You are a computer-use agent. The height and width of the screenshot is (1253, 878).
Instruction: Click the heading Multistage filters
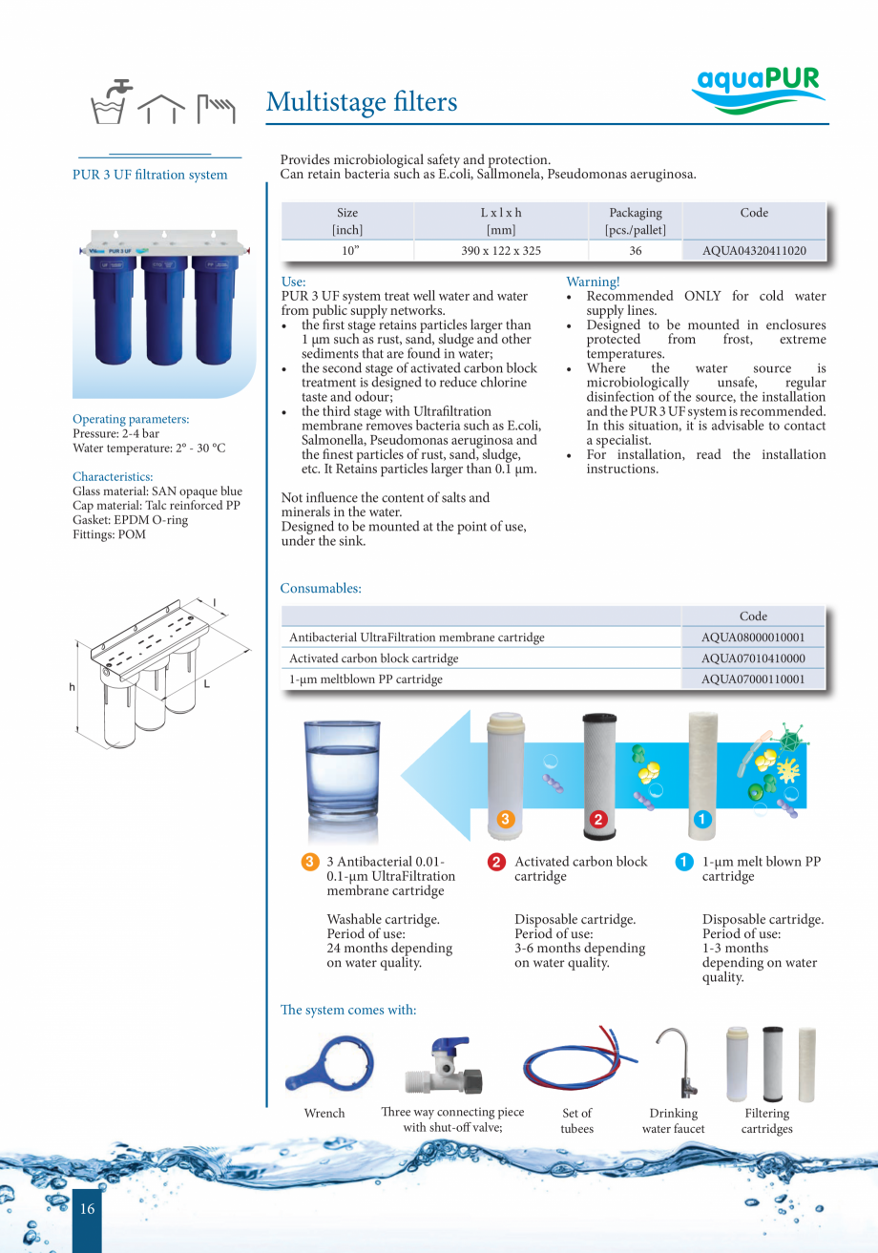tap(362, 102)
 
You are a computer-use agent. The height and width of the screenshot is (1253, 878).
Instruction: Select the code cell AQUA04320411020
tap(754, 251)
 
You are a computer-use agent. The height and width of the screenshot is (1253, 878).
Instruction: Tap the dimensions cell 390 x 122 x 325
tap(500, 251)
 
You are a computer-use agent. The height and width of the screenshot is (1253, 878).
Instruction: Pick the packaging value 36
tap(635, 251)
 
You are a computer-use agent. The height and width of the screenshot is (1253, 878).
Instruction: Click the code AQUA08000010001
tap(753, 637)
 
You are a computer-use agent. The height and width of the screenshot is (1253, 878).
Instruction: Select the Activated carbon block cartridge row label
tap(374, 658)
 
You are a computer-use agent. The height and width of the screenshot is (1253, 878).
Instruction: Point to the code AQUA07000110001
tap(753, 679)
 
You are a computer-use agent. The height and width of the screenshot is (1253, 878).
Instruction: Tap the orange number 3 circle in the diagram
tap(506, 819)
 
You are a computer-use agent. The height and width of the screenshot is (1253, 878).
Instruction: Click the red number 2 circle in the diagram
tap(598, 819)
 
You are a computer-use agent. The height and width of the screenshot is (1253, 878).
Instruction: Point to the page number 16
tap(87, 1209)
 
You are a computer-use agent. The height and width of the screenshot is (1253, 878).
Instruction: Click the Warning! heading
tap(593, 282)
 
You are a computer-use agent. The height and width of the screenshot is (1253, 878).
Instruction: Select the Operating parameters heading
tap(131, 419)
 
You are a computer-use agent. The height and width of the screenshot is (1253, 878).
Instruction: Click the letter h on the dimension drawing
tap(71, 687)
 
